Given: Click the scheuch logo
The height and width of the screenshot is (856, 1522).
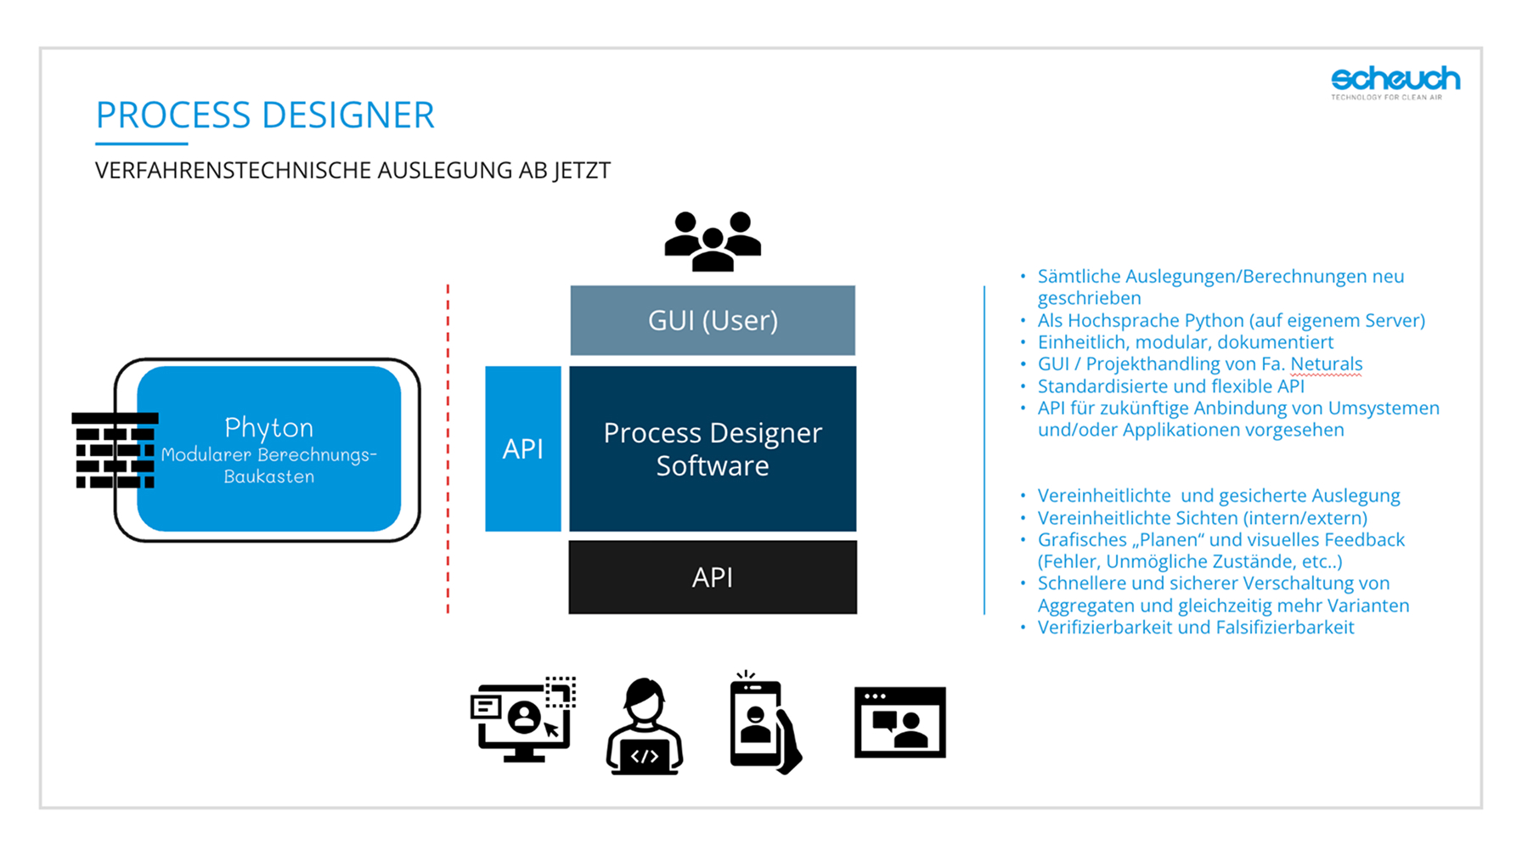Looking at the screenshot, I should click(x=1395, y=81).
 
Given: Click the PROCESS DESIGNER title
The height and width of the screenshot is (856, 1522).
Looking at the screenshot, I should click(x=265, y=115).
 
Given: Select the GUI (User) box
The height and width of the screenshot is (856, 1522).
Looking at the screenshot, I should click(x=713, y=320).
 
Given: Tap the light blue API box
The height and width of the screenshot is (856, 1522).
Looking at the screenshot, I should click(x=522, y=448).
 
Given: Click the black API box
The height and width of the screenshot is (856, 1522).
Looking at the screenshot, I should click(x=713, y=577).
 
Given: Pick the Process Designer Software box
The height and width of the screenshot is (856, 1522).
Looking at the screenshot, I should click(x=713, y=448).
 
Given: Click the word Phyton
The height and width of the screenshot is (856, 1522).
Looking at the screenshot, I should click(x=268, y=426).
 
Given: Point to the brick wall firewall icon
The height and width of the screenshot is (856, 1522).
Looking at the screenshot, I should click(x=115, y=451).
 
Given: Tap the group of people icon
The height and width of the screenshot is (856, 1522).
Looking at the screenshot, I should click(x=713, y=241).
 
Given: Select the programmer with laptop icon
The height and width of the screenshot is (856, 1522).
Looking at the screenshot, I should click(x=645, y=727).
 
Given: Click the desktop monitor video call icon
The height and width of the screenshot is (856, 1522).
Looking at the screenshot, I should click(x=523, y=721).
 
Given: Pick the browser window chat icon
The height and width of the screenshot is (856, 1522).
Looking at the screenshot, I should click(x=899, y=723).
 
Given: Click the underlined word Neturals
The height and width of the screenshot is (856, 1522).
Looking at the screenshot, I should click(x=1326, y=364).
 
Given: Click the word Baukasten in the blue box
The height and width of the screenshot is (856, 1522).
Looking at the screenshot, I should click(x=268, y=476).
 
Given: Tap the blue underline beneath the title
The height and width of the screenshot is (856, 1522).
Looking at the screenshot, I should click(x=141, y=144).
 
